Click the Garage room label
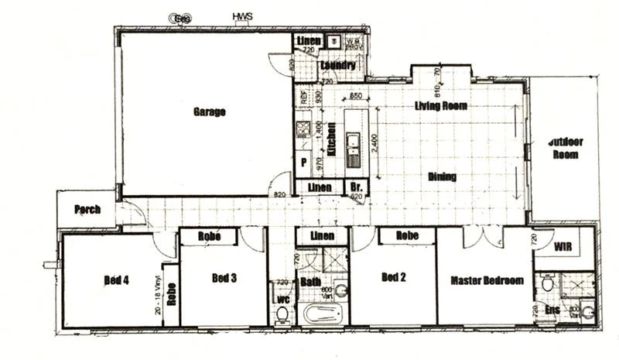pos(209,111)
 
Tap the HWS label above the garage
pos(242,15)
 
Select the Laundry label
pos(337,67)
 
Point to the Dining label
pos(442,177)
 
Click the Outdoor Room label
pos(566,148)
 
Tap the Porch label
pos(87,210)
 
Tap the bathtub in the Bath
pos(321,315)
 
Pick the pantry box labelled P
pos(304,163)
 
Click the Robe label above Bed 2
pos(407,235)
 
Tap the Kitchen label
pos(331,139)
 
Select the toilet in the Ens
pos(547,284)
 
